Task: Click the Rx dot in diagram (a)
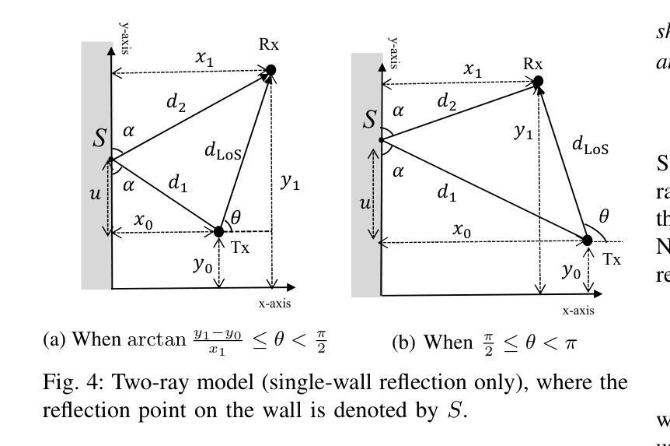(271, 71)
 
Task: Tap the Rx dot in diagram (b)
(537, 81)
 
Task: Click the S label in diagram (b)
(370, 120)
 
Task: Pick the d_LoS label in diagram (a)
(223, 152)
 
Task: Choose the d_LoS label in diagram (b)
(590, 144)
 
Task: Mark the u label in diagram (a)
(95, 193)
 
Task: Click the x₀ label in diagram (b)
(462, 231)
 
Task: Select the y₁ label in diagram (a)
(290, 181)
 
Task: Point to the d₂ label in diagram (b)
(446, 100)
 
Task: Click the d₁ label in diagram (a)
(178, 184)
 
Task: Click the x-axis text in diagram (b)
(578, 311)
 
